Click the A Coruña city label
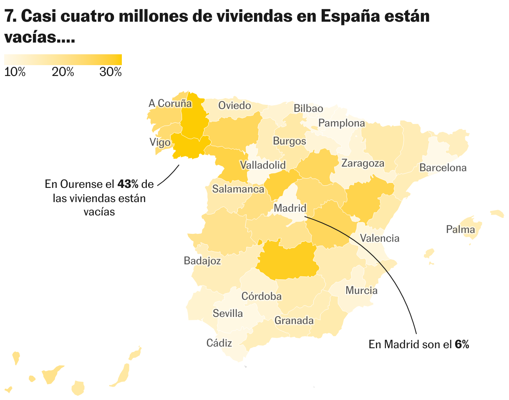click(x=170, y=103)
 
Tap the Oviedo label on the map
click(x=235, y=105)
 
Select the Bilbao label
click(x=308, y=109)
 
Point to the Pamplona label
click(x=341, y=123)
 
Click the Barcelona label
click(x=443, y=168)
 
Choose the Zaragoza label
click(x=363, y=163)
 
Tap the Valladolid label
click(x=263, y=165)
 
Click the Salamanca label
click(x=238, y=189)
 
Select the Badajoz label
click(x=202, y=261)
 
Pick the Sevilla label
click(x=228, y=313)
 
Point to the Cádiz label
click(x=219, y=343)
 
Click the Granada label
click(x=294, y=321)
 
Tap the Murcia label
click(x=361, y=291)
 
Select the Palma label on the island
click(x=460, y=229)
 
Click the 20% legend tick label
click(x=63, y=72)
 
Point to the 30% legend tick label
click(x=111, y=72)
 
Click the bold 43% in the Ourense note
click(x=127, y=184)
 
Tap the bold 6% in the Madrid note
click(x=462, y=344)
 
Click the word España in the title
click(x=356, y=17)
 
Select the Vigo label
click(x=160, y=142)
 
